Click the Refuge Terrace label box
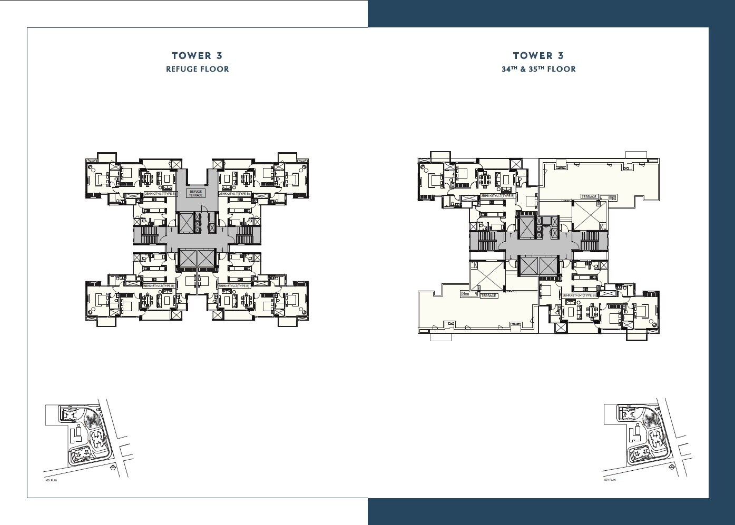(196, 193)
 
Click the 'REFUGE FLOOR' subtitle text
(198, 69)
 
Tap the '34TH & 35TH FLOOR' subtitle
(538, 69)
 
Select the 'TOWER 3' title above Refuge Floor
(197, 55)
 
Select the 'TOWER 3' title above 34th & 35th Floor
(538, 55)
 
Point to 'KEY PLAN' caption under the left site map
(51, 480)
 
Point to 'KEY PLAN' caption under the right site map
(610, 480)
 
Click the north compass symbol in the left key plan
(112, 468)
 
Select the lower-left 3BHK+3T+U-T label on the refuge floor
(159, 286)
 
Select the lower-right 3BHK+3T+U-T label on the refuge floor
(234, 286)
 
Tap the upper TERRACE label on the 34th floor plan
(589, 197)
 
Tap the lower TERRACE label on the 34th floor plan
(488, 296)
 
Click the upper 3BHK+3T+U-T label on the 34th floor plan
(497, 196)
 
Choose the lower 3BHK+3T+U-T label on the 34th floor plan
(579, 295)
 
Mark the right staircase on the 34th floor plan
(590, 242)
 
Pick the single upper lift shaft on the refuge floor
(186, 222)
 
